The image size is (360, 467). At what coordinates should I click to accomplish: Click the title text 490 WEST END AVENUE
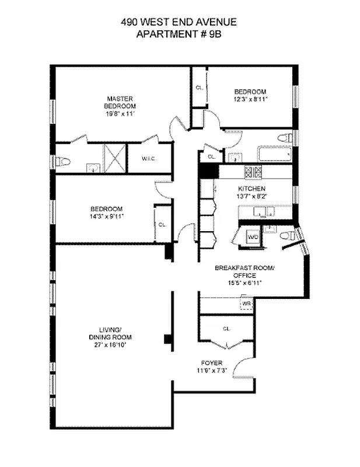pyautogui.click(x=179, y=23)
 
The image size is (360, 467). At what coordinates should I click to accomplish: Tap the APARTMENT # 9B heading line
pyautogui.click(x=179, y=34)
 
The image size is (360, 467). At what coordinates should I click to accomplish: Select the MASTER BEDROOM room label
pyautogui.click(x=120, y=102)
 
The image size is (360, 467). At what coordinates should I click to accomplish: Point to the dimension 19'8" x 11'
pyautogui.click(x=120, y=114)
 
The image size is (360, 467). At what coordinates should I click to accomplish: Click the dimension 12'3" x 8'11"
pyautogui.click(x=250, y=100)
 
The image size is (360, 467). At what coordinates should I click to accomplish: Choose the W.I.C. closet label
pyautogui.click(x=149, y=159)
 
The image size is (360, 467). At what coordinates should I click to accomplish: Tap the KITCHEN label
pyautogui.click(x=251, y=189)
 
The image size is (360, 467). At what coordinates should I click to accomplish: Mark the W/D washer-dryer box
pyautogui.click(x=253, y=238)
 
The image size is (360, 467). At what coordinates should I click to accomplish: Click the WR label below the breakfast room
pyautogui.click(x=246, y=304)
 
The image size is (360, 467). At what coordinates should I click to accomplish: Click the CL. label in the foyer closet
pyautogui.click(x=226, y=329)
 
